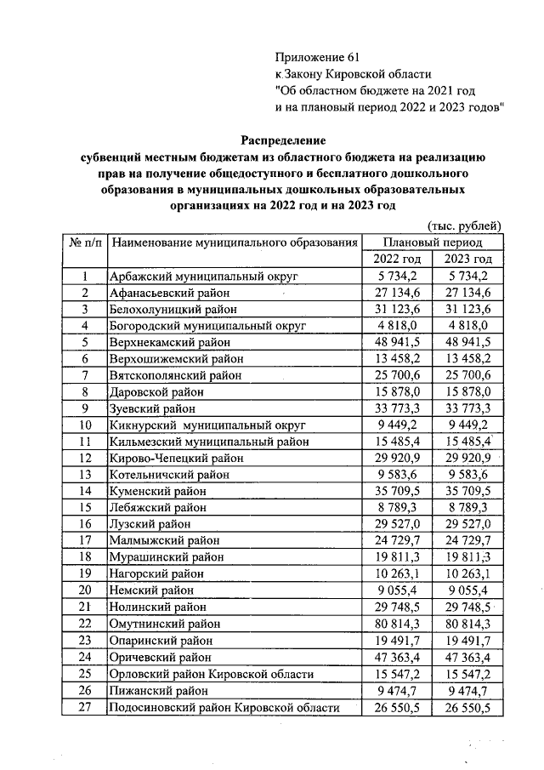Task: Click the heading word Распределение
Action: point(283,140)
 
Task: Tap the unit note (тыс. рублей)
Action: point(463,225)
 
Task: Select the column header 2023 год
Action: point(467,259)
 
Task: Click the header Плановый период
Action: point(432,242)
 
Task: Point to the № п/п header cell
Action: point(85,242)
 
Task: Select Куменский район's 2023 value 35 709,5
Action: point(467,492)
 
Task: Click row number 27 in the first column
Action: point(85,707)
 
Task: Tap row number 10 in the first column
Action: point(85,425)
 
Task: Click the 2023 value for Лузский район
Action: point(467,525)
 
